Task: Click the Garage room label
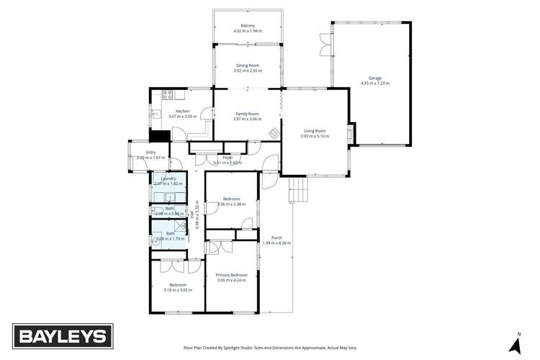point(375,78)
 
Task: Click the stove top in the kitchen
point(167,94)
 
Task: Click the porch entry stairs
point(297,190)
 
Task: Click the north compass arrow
point(516,345)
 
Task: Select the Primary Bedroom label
point(232,275)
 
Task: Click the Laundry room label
point(169,179)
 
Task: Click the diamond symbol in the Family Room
point(273,132)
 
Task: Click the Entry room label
point(150,152)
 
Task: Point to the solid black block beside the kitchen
point(159,135)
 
